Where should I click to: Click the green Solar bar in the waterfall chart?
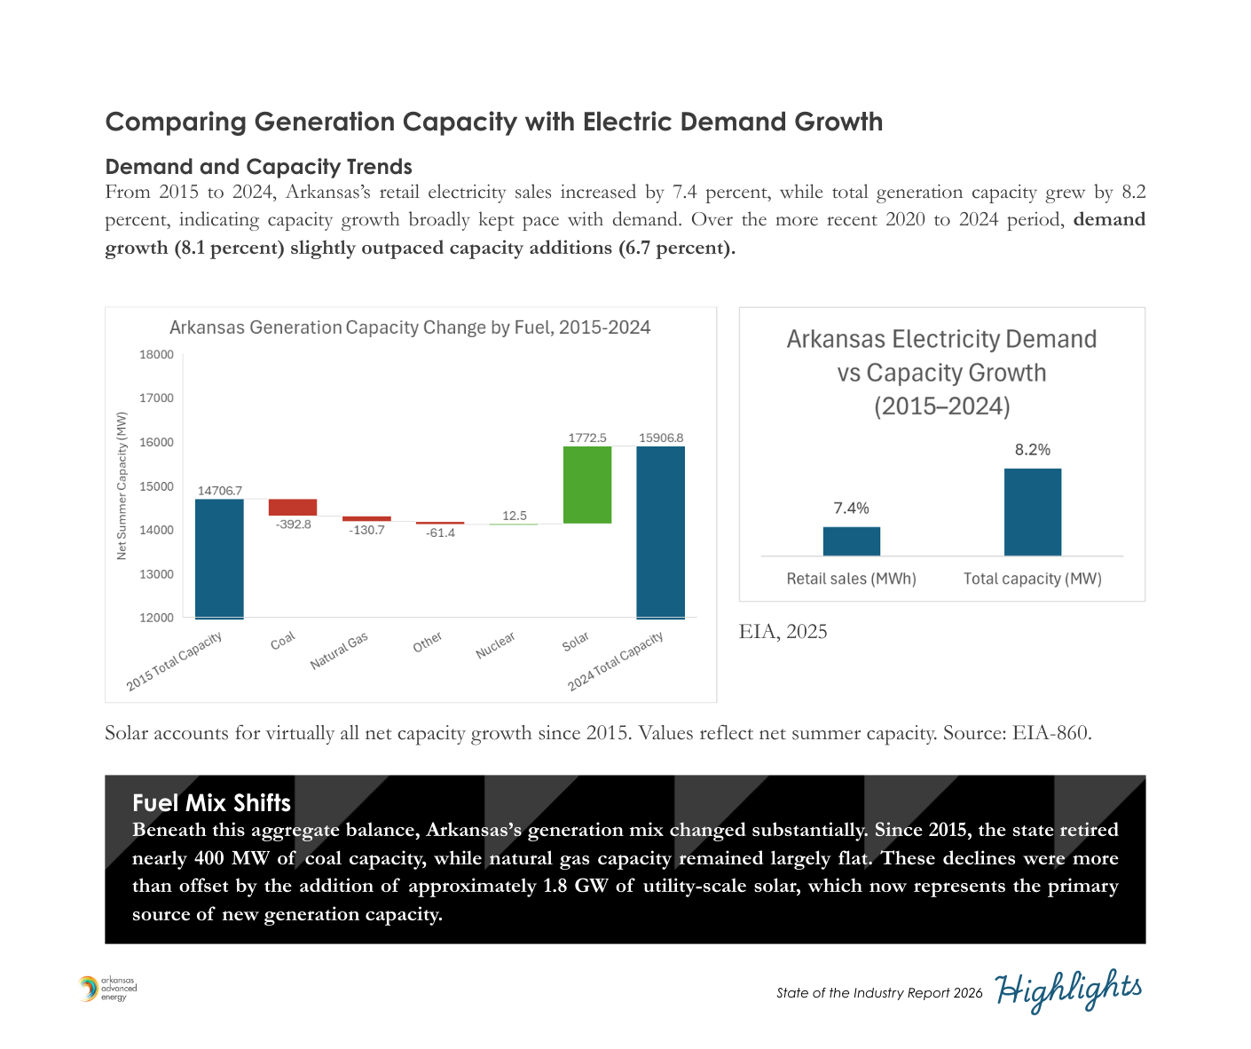[586, 485]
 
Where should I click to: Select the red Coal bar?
[293, 508]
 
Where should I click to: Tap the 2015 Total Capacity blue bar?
[219, 558]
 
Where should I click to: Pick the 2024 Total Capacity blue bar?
[660, 532]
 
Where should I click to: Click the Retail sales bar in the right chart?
[851, 541]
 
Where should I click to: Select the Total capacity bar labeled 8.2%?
[1032, 512]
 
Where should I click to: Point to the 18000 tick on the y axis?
[157, 355]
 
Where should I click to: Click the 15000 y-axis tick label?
[157, 486]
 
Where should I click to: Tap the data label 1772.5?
[587, 438]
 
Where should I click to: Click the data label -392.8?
[294, 524]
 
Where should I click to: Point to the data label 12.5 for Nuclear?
[514, 516]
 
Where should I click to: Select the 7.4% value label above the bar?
[851, 509]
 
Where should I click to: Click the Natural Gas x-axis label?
[339, 651]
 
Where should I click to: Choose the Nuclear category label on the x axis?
[495, 645]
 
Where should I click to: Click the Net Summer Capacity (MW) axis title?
[122, 485]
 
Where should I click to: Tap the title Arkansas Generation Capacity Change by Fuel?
[410, 327]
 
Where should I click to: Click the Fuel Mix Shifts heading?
[211, 803]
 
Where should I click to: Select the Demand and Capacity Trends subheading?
[258, 167]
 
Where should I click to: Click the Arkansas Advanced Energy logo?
[107, 989]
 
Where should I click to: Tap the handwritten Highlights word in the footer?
[1068, 990]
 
